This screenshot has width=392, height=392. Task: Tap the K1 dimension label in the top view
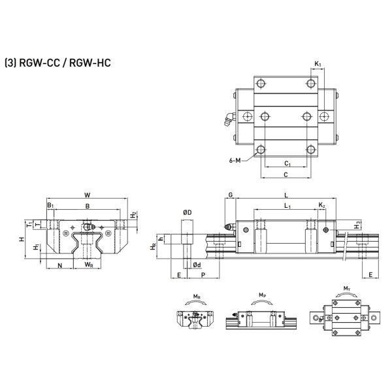click(x=318, y=63)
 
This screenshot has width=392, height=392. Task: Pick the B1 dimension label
click(x=50, y=205)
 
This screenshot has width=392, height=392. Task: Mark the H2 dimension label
click(x=133, y=214)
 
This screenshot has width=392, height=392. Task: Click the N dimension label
click(x=60, y=265)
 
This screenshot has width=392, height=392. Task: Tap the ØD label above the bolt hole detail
click(x=187, y=212)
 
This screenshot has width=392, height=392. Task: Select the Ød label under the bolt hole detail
click(x=197, y=265)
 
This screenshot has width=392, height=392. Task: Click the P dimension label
click(x=204, y=276)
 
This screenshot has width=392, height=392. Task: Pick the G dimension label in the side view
click(x=231, y=195)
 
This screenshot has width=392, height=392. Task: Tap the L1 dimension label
click(x=286, y=206)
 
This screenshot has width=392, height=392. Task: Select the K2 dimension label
click(x=321, y=206)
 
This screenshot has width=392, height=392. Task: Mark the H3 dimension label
click(x=357, y=225)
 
